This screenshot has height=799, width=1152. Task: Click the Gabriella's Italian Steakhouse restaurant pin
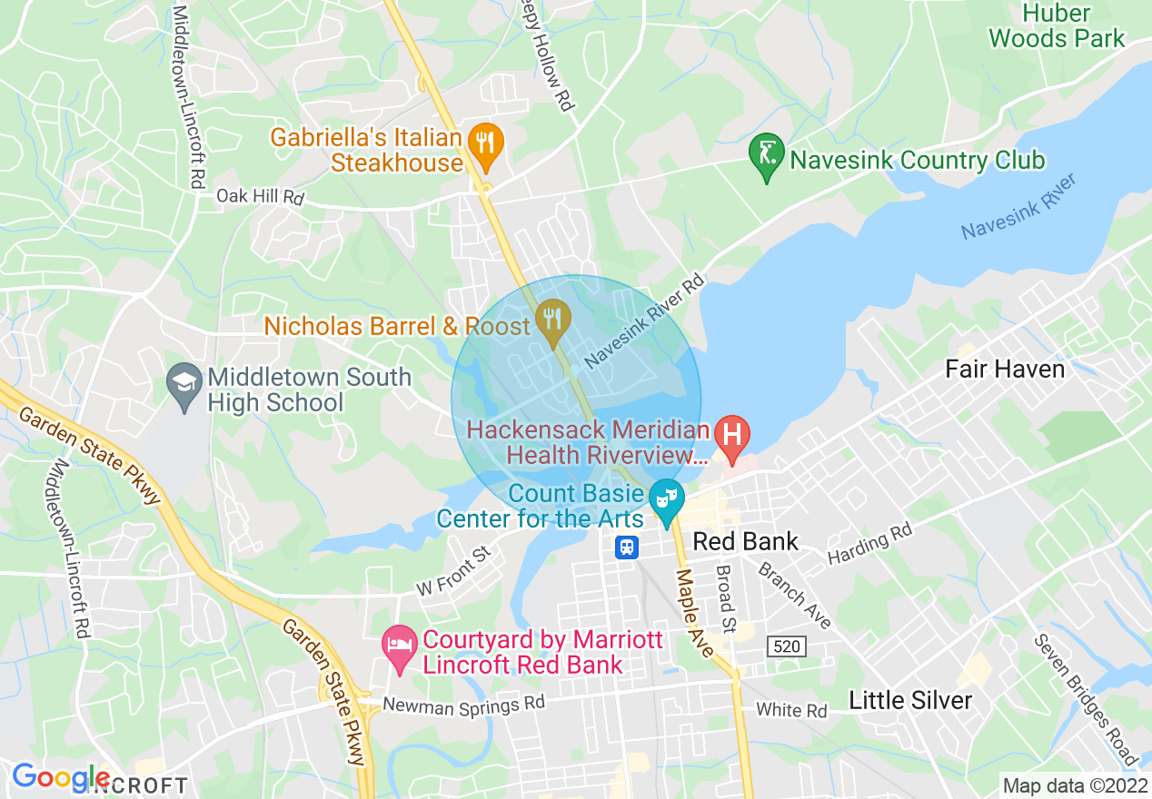487,145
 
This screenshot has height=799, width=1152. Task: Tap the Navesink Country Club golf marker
766,155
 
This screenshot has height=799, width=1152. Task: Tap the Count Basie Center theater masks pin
668,501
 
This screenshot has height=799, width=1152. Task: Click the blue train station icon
627,547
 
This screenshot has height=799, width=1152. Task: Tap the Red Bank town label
745,542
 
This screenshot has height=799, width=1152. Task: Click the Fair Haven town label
1004,370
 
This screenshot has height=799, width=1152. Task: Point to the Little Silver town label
910,700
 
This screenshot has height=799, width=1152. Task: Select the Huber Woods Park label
1057,25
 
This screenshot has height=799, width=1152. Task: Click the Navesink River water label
1018,207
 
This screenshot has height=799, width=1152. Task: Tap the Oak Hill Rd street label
259,196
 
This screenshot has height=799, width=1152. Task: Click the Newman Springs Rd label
463,704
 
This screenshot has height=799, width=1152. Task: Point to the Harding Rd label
869,546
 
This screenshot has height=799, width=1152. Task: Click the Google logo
61,777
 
